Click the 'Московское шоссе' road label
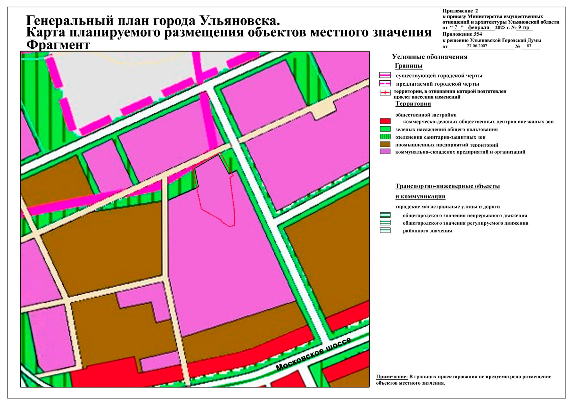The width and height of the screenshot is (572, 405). (x=313, y=354)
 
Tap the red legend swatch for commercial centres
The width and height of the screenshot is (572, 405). (x=385, y=121)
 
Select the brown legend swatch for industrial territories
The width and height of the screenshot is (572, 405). (x=385, y=144)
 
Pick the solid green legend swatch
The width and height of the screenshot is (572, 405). (x=385, y=129)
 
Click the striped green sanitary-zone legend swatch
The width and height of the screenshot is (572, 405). (x=385, y=137)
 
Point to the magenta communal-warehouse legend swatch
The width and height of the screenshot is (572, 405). (x=385, y=152)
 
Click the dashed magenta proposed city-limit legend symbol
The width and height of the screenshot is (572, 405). (x=385, y=84)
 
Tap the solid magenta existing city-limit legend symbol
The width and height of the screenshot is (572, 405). (x=385, y=75)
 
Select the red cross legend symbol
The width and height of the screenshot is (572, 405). (x=385, y=92)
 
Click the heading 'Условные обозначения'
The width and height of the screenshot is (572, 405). (x=430, y=57)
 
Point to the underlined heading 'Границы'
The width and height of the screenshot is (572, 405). (x=408, y=66)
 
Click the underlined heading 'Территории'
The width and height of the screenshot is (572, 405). (x=413, y=104)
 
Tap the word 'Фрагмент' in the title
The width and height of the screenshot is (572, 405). (x=58, y=45)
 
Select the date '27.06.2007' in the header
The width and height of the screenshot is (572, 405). (x=477, y=46)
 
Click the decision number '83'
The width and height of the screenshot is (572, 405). (x=529, y=46)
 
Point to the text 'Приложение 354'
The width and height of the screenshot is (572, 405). (x=462, y=34)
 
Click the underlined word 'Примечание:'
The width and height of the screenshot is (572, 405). (x=392, y=377)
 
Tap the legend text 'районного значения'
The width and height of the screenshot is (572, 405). (x=427, y=231)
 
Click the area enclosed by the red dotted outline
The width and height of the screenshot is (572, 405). (x=216, y=192)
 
